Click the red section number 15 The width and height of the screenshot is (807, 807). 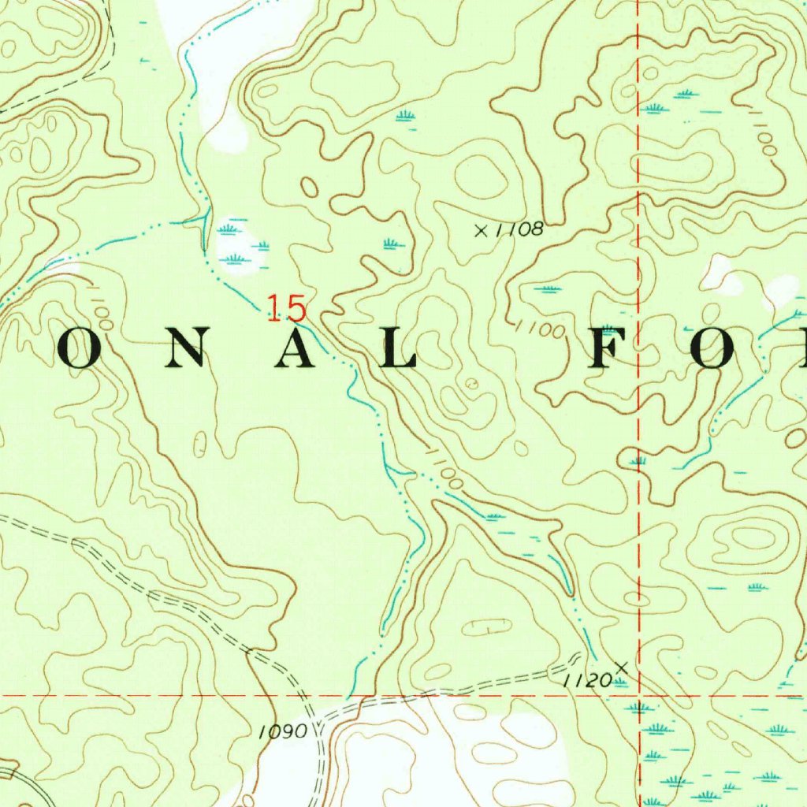285,307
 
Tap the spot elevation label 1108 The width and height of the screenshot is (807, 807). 521,229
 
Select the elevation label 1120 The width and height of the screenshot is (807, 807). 587,680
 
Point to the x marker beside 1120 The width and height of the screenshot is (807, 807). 622,668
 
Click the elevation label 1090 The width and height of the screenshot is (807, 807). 282,732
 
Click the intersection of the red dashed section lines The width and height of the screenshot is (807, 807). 638,696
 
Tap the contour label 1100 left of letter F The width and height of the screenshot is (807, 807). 541,329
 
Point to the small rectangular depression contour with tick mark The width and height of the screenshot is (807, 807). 486,627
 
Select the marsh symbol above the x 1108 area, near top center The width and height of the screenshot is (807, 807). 406,116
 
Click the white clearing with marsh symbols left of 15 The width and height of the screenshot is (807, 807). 236,244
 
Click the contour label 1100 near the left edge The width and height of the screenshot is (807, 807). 101,311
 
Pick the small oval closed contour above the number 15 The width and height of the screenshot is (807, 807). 309,188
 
